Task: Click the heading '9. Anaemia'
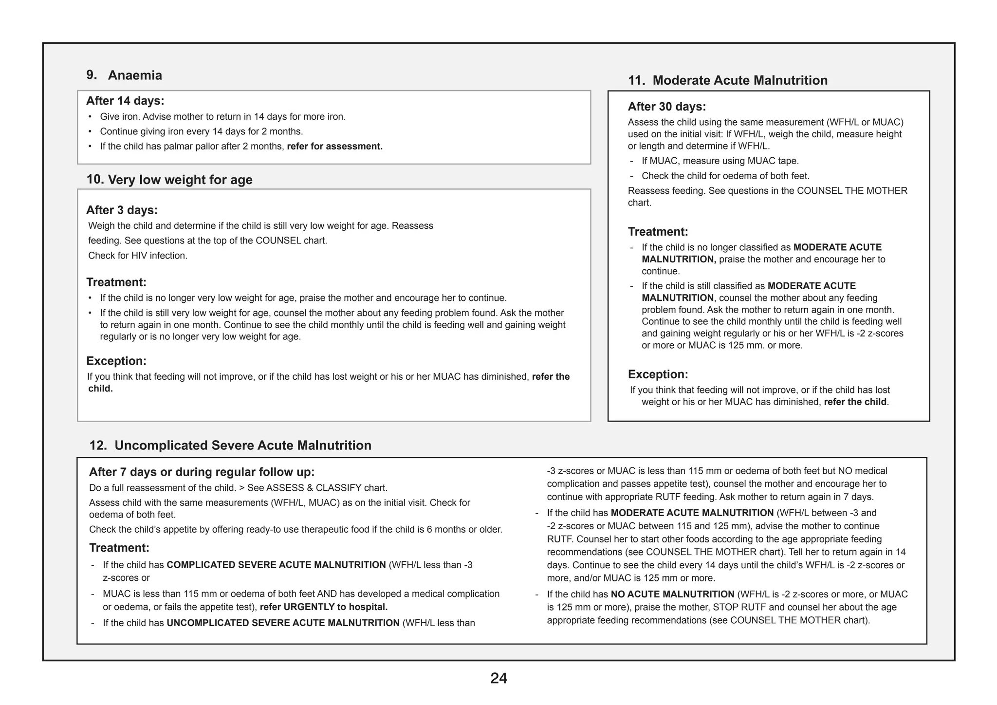(x=125, y=75)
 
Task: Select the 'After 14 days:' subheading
(x=125, y=101)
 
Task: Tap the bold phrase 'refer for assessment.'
(x=334, y=147)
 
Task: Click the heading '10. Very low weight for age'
(x=169, y=180)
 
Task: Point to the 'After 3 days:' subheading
(x=122, y=210)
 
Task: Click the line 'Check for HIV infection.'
(x=138, y=256)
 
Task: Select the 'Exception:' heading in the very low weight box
(x=116, y=361)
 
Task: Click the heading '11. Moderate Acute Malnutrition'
(x=727, y=80)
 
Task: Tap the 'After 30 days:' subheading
(x=666, y=107)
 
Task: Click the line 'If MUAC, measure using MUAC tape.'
(x=720, y=161)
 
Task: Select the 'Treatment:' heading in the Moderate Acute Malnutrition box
(x=658, y=232)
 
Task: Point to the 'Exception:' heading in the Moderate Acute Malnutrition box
(x=658, y=374)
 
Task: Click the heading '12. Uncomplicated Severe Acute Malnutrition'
(x=230, y=445)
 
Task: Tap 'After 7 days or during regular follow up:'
(x=202, y=472)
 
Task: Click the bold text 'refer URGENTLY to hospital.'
(x=324, y=607)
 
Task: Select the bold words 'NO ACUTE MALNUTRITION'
(x=672, y=594)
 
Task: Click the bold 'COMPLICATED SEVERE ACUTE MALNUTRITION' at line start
(x=276, y=565)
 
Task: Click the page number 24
(x=498, y=678)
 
